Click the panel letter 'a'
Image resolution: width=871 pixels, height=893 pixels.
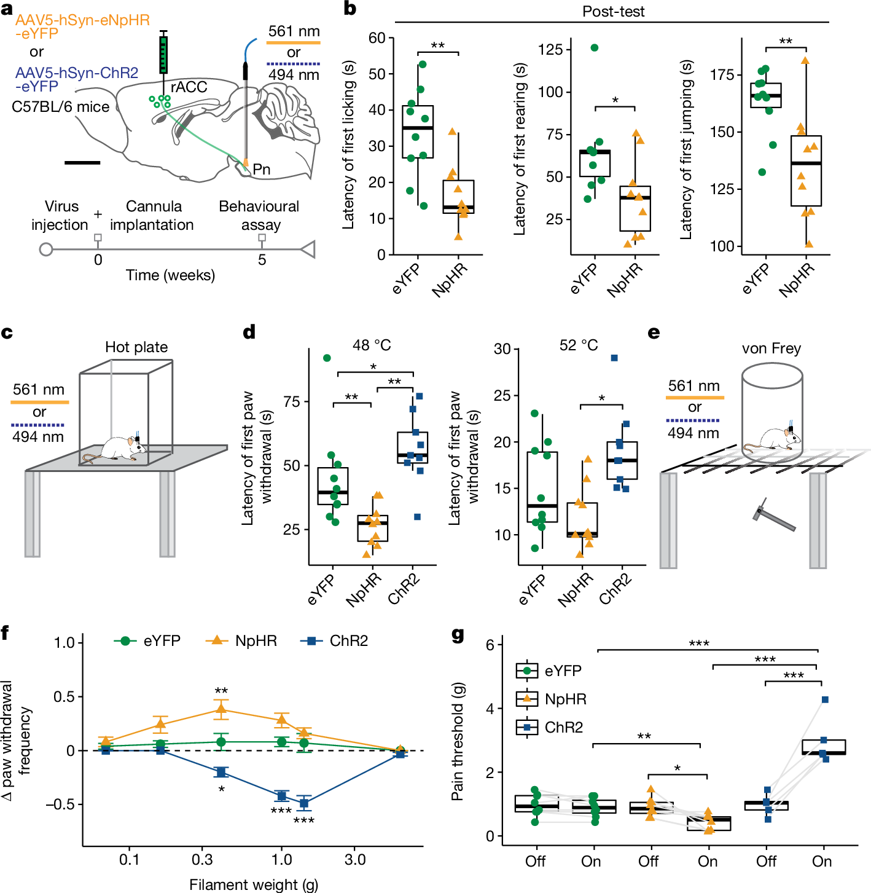pos(7,10)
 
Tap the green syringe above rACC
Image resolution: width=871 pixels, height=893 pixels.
pos(163,54)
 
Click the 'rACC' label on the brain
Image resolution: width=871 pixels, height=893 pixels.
pos(189,87)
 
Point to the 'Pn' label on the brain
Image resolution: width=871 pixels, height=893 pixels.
pos(261,169)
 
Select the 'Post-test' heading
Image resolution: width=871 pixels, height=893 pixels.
pos(613,11)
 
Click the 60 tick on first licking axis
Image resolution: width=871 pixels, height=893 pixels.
pos(377,38)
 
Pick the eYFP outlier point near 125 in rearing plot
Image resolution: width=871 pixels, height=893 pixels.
pos(594,47)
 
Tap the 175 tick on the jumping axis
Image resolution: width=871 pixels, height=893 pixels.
pos(722,75)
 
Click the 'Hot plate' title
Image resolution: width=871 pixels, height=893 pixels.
pos(136,347)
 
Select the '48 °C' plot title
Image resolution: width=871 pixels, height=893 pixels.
pos(372,345)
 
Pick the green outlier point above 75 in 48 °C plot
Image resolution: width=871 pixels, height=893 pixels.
pos(327,358)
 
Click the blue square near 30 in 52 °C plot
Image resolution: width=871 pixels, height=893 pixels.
pos(614,358)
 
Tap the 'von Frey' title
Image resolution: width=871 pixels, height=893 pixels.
pos(771,348)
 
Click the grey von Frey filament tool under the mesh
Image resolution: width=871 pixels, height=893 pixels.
pos(773,516)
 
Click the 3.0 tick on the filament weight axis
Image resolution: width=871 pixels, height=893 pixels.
pos(355,859)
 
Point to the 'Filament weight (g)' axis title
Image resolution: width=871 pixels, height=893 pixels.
pos(253,884)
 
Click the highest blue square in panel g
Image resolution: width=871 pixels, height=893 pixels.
pos(825,699)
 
